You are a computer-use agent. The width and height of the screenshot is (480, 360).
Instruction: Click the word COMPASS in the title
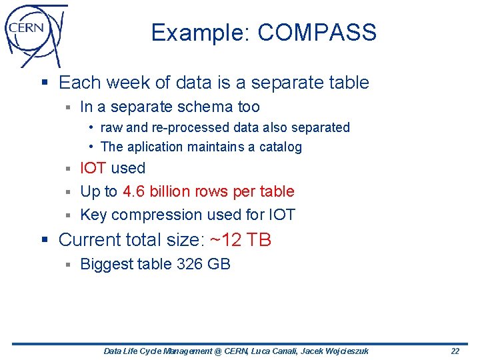(x=317, y=33)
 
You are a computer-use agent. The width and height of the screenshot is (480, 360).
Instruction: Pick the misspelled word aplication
(x=155, y=147)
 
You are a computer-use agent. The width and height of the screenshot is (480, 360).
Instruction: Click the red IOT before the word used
(x=93, y=168)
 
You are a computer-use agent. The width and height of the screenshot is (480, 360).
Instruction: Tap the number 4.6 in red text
(x=134, y=191)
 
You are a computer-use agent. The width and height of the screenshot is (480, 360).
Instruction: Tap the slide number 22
(x=455, y=351)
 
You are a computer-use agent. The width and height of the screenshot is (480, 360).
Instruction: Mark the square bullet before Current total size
(x=45, y=240)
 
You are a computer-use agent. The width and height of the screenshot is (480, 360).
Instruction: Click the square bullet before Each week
(x=45, y=83)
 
